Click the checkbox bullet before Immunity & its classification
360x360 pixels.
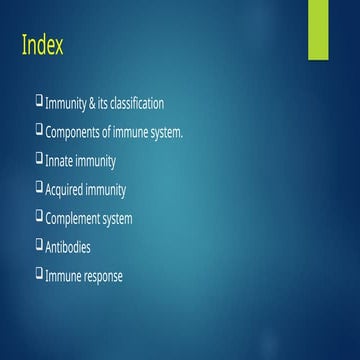click(39, 100)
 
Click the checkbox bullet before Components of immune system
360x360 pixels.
click(39, 129)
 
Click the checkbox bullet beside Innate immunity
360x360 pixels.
click(39, 158)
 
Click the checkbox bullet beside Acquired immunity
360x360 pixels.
click(39, 187)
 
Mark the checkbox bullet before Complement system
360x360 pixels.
click(39, 216)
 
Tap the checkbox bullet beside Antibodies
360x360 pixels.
click(39, 245)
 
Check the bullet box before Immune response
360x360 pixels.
click(39, 273)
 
